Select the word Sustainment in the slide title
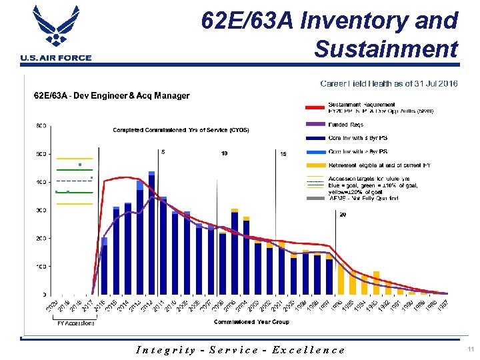386,49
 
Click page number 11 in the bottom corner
469,349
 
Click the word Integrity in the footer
165,349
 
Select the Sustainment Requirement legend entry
361,105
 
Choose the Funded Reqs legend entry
345,123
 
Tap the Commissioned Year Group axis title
251,322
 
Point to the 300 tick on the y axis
41,210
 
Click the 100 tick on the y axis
41,267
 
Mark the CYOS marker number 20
343,215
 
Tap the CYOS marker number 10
224,153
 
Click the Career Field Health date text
389,84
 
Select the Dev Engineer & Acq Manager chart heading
112,95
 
